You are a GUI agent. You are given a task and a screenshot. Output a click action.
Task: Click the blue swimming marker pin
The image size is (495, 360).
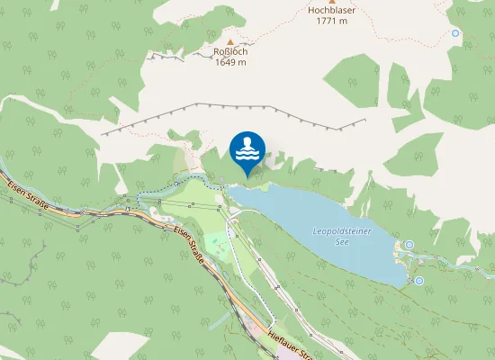point(247,151)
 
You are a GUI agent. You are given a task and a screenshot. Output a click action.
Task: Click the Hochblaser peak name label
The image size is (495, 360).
point(331,11)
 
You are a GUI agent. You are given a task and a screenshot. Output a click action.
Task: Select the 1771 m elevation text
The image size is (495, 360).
point(331,22)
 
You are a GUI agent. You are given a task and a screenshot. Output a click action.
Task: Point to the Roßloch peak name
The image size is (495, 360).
point(231,51)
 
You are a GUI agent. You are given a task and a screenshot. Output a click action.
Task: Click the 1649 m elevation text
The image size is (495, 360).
point(231,62)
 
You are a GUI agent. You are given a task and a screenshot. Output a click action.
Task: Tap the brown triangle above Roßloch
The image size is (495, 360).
point(231,40)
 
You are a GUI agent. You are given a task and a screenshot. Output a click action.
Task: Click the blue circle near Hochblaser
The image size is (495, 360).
point(455,33)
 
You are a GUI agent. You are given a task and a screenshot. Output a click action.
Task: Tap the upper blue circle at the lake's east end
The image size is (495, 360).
point(409,244)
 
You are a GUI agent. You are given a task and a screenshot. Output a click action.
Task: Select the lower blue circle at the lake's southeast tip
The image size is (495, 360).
point(419,281)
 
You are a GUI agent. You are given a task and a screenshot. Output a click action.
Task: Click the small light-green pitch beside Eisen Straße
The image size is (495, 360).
point(217,243)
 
